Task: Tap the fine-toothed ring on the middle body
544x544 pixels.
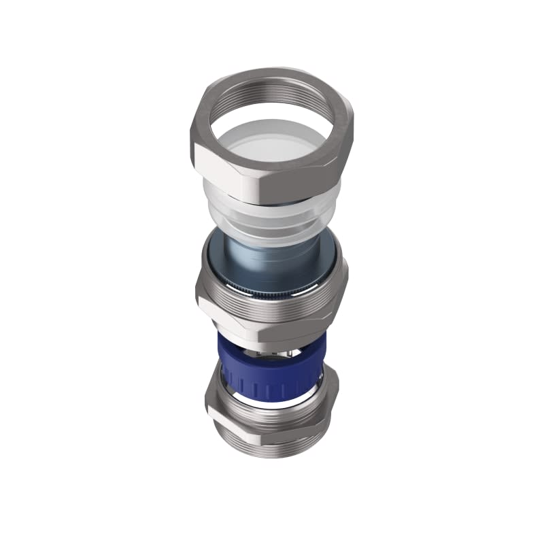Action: point(272,292)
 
